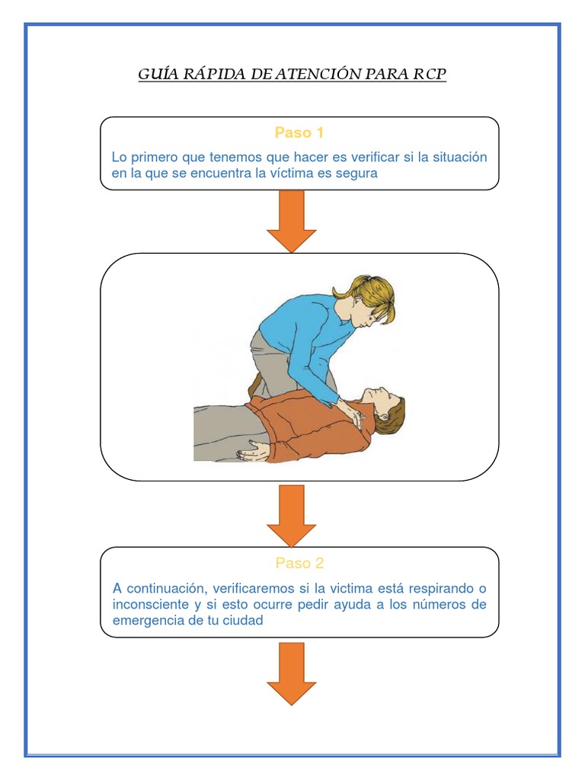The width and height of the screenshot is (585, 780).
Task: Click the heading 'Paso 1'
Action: pyautogui.click(x=299, y=133)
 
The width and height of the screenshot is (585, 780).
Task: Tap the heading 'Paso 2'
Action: pyautogui.click(x=299, y=564)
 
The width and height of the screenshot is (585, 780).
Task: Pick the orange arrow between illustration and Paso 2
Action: pyautogui.click(x=291, y=516)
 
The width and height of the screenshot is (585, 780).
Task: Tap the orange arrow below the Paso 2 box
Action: pyautogui.click(x=291, y=673)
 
